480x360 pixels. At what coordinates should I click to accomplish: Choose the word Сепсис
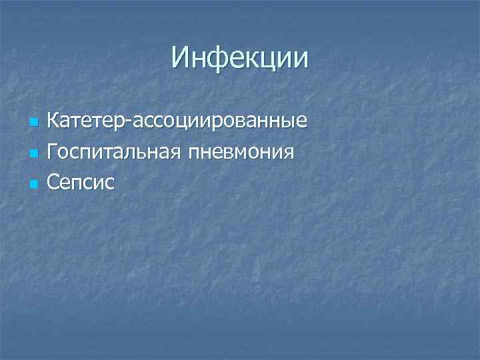(x=81, y=181)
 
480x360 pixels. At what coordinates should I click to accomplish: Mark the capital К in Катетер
(x=53, y=121)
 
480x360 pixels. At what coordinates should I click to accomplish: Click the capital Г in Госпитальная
(x=53, y=151)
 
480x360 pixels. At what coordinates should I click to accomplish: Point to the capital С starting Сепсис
(x=54, y=181)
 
